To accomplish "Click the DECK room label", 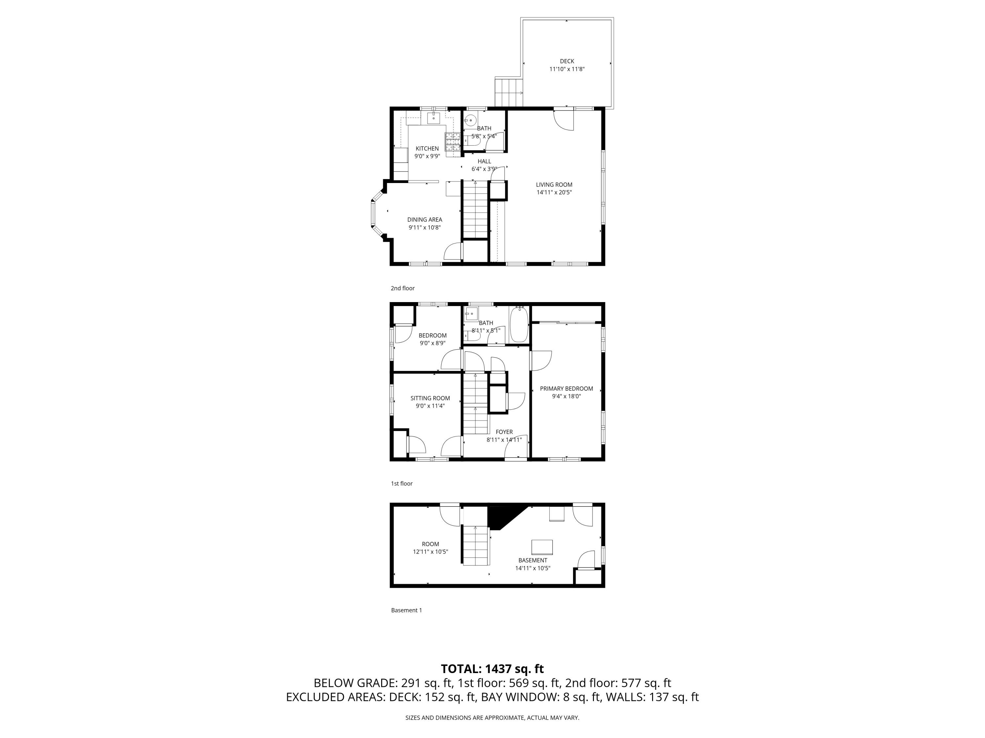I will click(566, 61).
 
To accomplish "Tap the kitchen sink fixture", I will click(433, 118).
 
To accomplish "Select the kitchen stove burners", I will click(452, 141).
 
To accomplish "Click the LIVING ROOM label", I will click(554, 185).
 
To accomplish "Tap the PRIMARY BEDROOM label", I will click(566, 389).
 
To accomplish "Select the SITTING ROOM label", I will click(430, 398).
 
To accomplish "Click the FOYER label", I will click(504, 432).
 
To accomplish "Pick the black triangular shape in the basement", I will click(501, 516).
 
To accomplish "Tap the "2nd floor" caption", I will click(403, 288).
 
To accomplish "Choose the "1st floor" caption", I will click(402, 483).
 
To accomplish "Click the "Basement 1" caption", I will click(406, 610).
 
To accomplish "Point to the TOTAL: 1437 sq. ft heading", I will click(492, 669).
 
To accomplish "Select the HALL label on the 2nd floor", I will click(484, 161).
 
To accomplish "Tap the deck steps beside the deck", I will click(508, 92).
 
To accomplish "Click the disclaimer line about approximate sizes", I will click(492, 718).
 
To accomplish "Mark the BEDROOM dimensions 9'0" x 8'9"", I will click(432, 343).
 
